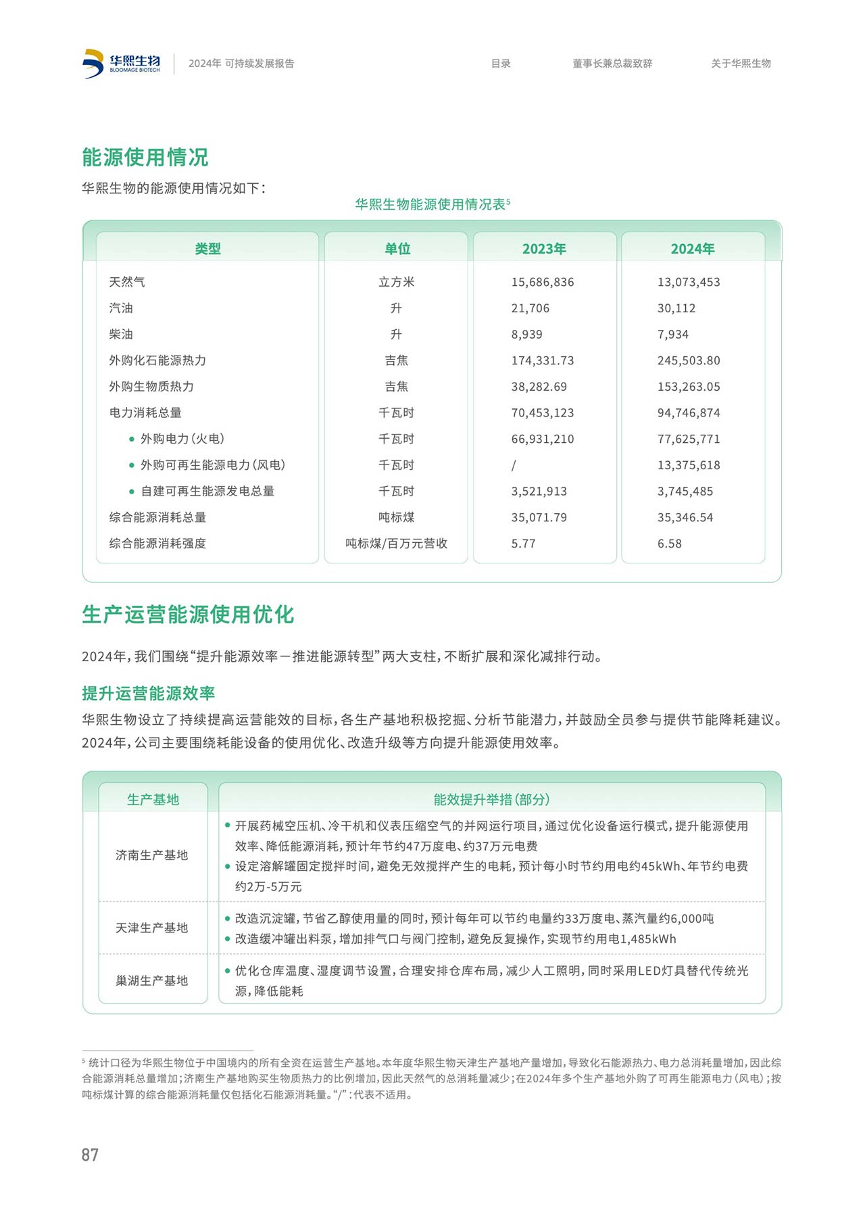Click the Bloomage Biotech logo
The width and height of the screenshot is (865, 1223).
coord(122,64)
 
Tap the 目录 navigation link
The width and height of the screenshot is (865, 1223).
coord(501,64)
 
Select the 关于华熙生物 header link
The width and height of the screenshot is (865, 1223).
coord(741,64)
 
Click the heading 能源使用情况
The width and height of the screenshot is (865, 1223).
coord(145,158)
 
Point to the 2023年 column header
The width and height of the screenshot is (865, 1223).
coord(544,249)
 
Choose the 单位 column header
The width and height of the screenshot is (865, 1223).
coord(397,249)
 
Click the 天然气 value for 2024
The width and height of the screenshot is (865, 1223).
coord(689,282)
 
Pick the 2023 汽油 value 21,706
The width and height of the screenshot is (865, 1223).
coord(530,308)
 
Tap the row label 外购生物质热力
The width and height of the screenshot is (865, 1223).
coord(151,387)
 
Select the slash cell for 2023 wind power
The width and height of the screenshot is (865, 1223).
coord(514,465)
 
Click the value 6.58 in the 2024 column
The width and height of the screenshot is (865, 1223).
coord(669,544)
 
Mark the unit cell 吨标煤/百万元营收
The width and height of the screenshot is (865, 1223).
coord(397,544)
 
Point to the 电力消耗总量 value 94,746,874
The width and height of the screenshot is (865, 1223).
coord(689,413)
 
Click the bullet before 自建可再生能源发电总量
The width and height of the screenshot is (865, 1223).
coord(132,491)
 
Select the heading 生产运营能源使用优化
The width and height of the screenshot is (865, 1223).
coord(188,615)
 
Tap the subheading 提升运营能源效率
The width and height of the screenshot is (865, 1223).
coord(148,693)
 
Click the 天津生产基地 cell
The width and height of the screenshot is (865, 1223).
coord(152,928)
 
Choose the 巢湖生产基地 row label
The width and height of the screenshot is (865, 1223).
coord(152,980)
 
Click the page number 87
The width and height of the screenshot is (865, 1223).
coord(90,1155)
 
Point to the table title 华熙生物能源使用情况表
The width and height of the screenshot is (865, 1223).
coord(430,204)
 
